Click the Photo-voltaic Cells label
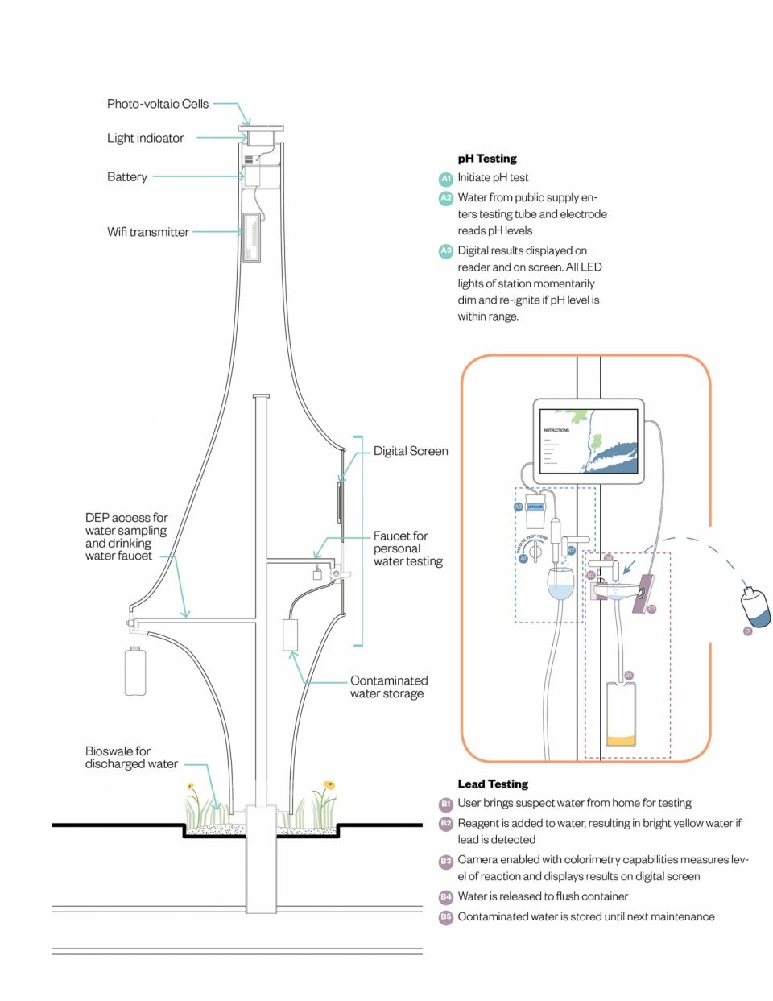coord(157,104)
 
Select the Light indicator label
coord(145,138)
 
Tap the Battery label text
coord(127,176)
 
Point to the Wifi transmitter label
coord(148,232)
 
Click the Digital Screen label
coord(411,451)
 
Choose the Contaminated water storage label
coord(388,687)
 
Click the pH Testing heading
coord(487,159)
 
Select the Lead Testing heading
coord(493,784)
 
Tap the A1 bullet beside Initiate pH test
coord(445,178)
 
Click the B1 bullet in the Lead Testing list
coord(445,804)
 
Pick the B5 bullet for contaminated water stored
coord(445,917)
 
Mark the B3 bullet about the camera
coord(445,861)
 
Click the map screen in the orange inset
coord(589,441)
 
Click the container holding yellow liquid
coord(620,714)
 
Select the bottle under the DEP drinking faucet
coord(135,671)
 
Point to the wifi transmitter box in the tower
coord(251,237)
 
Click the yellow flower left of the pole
coord(191,787)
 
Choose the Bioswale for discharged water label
coord(130,758)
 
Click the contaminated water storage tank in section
coord(290,635)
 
